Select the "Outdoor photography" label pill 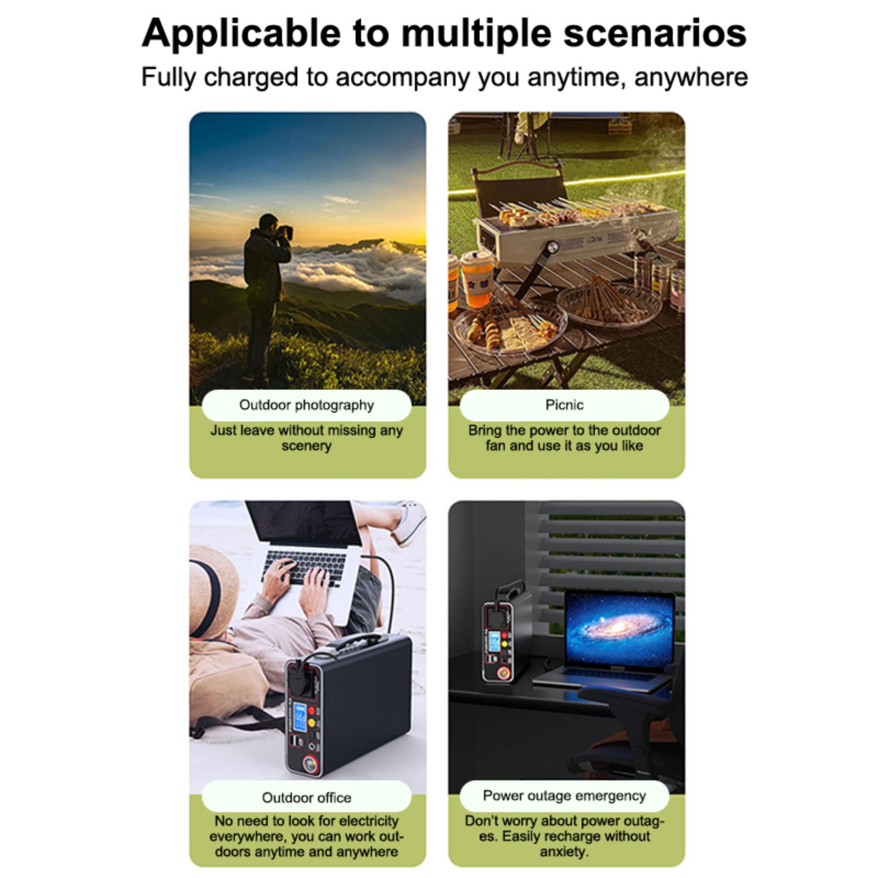click(x=306, y=405)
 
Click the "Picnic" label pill click(x=564, y=405)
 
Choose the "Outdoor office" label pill click(x=306, y=797)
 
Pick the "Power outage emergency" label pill click(x=564, y=796)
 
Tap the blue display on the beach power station click(x=300, y=717)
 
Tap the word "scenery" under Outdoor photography click(x=306, y=446)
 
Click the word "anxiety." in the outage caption click(x=564, y=852)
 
